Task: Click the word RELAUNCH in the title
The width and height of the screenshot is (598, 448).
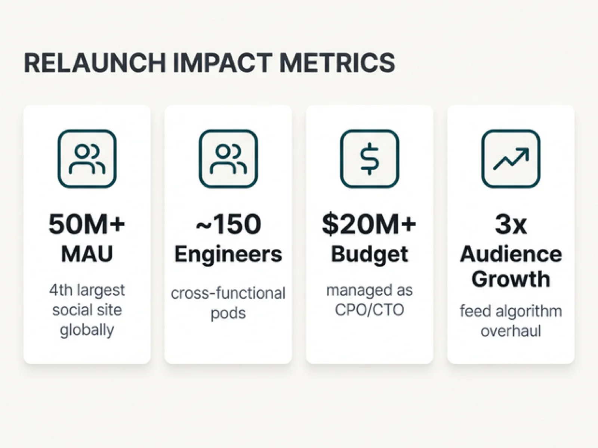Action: pyautogui.click(x=95, y=62)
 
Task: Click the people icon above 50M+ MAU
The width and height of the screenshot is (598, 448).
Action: pyautogui.click(x=87, y=159)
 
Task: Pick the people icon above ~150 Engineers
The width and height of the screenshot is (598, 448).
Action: pyautogui.click(x=228, y=159)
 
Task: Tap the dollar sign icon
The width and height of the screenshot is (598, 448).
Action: pyautogui.click(x=369, y=159)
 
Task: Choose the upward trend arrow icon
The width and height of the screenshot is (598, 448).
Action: pyautogui.click(x=511, y=159)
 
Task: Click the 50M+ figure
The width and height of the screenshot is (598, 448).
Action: pyautogui.click(x=87, y=224)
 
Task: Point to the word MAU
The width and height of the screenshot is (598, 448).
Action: pyautogui.click(x=87, y=254)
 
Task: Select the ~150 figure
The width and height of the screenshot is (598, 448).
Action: pyautogui.click(x=228, y=224)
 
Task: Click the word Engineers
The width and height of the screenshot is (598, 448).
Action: pyautogui.click(x=228, y=254)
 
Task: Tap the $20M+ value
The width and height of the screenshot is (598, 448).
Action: pyautogui.click(x=369, y=224)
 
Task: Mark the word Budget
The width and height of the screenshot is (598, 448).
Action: pyautogui.click(x=369, y=254)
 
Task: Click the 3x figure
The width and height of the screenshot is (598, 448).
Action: pyautogui.click(x=511, y=224)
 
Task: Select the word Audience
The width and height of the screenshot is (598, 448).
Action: pyautogui.click(x=511, y=254)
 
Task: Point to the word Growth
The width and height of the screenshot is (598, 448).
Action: pyautogui.click(x=511, y=279)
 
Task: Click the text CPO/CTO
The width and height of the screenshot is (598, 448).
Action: pyautogui.click(x=369, y=310)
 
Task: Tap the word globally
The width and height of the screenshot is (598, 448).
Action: pyautogui.click(x=87, y=330)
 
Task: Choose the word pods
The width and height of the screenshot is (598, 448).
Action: pyautogui.click(x=228, y=313)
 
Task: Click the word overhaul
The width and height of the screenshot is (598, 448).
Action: pyautogui.click(x=511, y=331)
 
